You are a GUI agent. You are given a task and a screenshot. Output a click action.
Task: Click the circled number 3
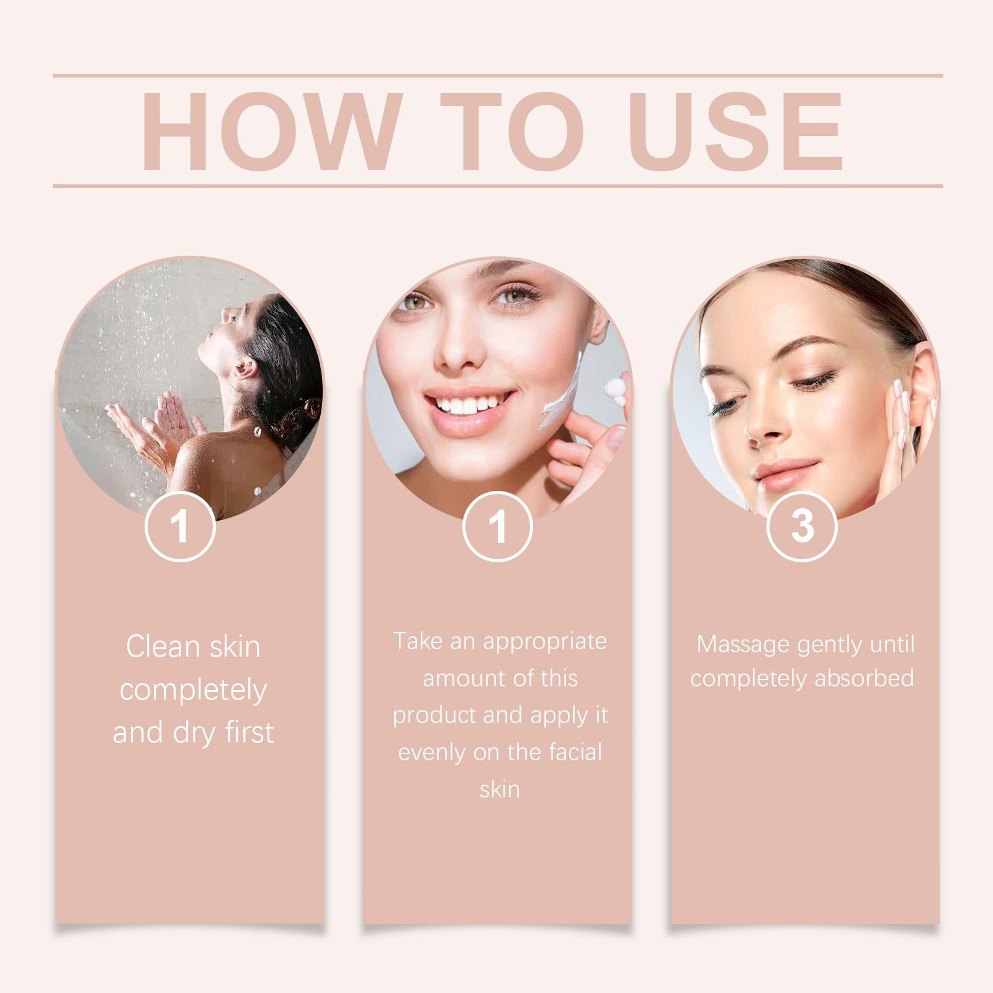click(x=802, y=526)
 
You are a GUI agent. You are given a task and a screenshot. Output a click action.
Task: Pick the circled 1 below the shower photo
click(x=180, y=526)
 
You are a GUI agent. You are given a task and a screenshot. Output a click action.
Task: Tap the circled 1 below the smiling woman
click(x=498, y=526)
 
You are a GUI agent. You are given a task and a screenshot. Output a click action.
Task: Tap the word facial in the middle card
click(x=576, y=752)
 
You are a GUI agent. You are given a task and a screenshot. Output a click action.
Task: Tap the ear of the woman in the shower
click(x=247, y=370)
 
